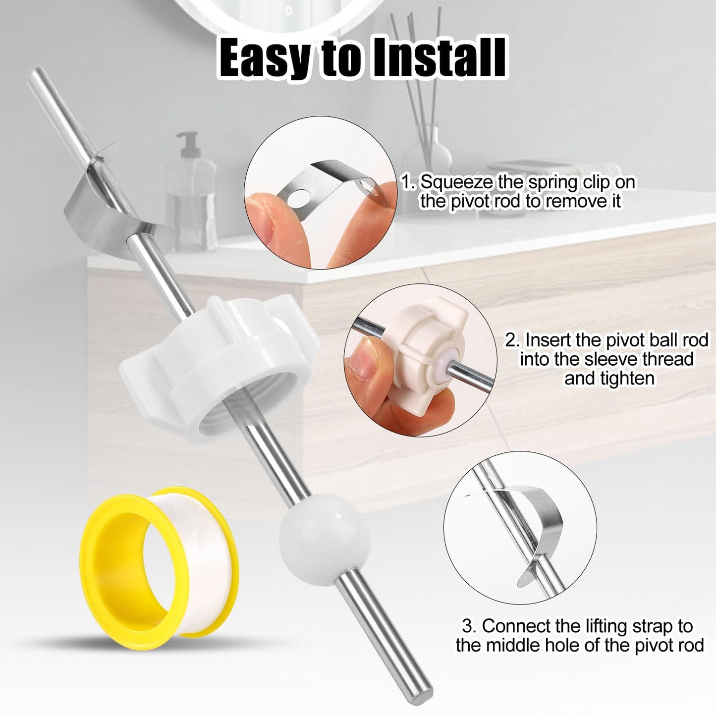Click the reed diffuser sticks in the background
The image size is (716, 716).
(411, 74)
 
